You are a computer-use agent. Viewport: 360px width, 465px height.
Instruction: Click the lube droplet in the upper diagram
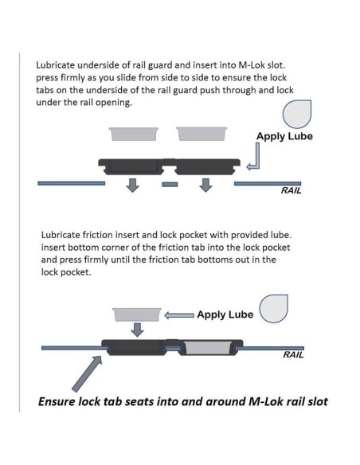click(x=297, y=114)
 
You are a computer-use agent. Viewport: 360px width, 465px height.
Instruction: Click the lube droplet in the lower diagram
click(x=273, y=309)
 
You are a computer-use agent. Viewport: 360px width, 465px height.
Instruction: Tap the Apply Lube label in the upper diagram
click(x=284, y=136)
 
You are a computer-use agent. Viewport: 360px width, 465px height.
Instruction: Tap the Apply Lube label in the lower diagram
click(x=225, y=315)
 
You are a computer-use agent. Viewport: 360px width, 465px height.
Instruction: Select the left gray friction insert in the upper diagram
click(x=134, y=134)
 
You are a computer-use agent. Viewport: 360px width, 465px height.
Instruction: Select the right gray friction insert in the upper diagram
click(x=202, y=134)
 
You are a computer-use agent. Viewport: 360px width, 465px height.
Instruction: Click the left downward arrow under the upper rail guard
click(x=132, y=186)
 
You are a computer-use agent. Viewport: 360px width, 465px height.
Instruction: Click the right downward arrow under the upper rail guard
click(x=205, y=186)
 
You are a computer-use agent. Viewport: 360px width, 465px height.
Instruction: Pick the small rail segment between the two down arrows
click(x=170, y=185)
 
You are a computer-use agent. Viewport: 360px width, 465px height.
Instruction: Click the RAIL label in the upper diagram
click(x=291, y=190)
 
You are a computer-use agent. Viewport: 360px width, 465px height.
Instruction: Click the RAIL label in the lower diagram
click(x=293, y=354)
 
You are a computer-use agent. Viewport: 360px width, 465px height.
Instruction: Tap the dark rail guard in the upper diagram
click(x=170, y=166)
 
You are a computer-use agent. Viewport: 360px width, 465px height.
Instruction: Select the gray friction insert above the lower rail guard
click(x=137, y=315)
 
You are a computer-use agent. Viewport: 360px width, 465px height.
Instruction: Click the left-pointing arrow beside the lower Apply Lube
click(x=179, y=315)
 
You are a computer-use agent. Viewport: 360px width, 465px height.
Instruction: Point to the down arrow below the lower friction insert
click(x=137, y=330)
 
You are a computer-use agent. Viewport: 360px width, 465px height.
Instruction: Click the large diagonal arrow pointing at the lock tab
click(x=87, y=373)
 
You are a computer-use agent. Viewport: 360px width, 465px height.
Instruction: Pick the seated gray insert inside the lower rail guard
click(x=208, y=348)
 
